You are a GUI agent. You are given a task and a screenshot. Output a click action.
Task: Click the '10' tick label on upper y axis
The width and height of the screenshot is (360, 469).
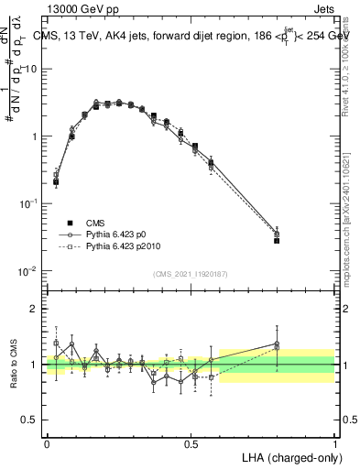[30, 69]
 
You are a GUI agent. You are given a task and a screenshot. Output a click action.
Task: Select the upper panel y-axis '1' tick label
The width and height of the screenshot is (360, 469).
[34, 136]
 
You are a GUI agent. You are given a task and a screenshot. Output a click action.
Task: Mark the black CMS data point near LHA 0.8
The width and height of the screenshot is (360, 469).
[277, 240]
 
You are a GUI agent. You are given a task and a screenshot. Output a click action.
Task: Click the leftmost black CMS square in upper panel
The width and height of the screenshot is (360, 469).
[56, 182]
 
